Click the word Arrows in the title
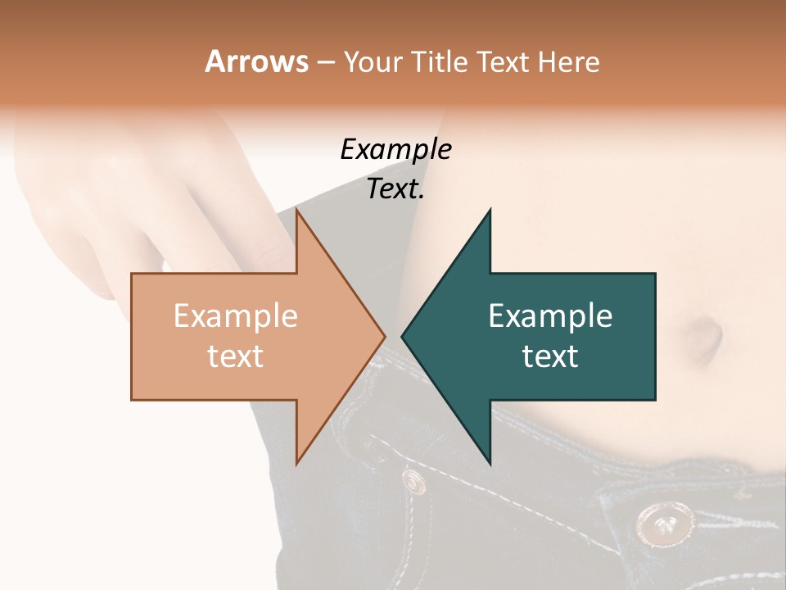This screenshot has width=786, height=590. [256, 61]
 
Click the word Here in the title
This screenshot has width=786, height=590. [571, 62]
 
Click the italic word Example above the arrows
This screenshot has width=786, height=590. [395, 149]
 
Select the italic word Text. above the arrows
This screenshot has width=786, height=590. [395, 189]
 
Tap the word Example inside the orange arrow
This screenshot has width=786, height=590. [236, 315]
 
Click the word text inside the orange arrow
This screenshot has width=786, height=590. [236, 356]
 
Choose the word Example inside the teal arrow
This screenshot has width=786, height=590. [550, 315]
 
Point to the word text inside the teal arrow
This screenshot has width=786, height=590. [550, 356]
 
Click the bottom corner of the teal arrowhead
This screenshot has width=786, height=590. [490, 463]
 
